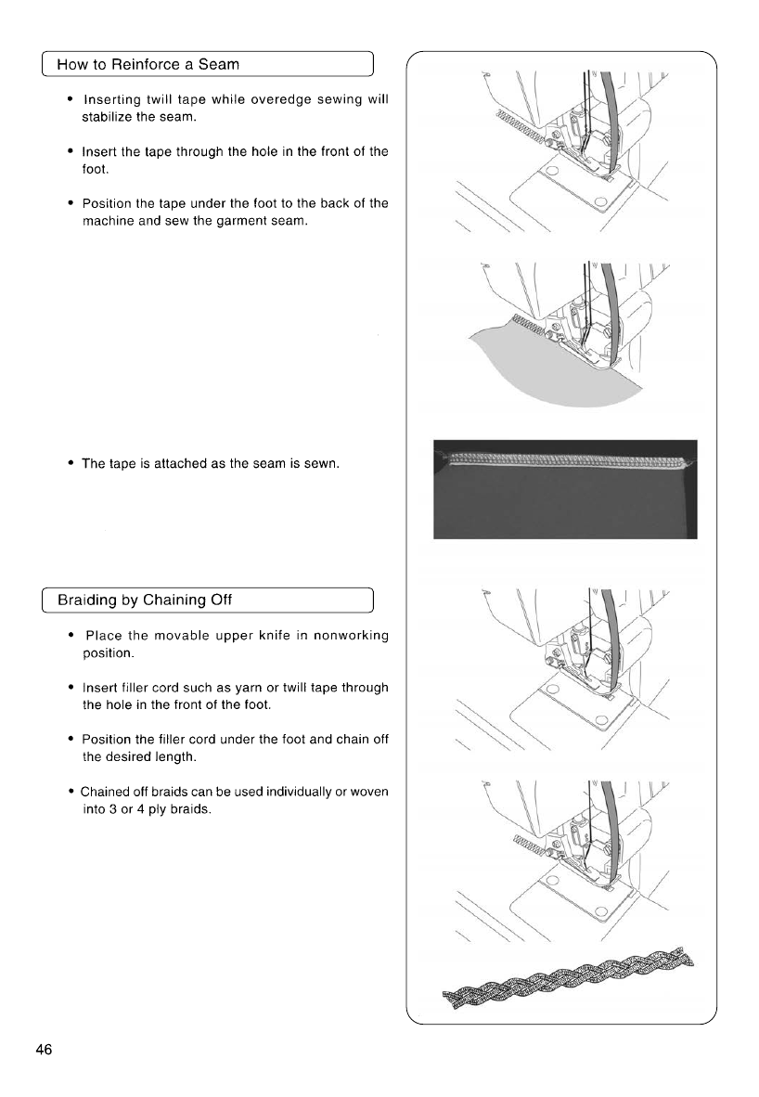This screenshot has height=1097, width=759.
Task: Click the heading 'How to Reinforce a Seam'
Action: pos(148,64)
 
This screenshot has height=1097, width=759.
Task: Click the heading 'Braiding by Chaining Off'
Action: pos(145,600)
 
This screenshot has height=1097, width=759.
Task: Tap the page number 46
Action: pos(44,1050)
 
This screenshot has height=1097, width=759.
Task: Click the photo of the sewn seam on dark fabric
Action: pos(564,489)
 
